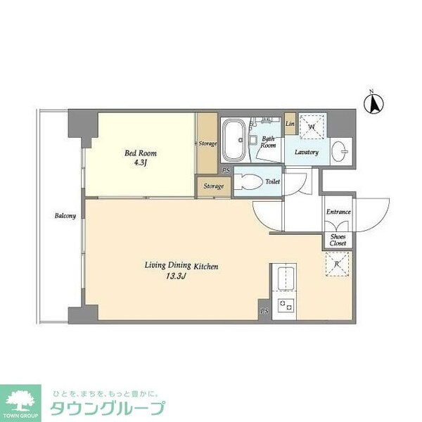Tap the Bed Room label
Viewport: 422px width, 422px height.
(141, 153)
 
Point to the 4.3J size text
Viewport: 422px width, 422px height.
(141, 164)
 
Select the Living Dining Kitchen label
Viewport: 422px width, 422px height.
(184, 266)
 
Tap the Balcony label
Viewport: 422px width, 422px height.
(65, 216)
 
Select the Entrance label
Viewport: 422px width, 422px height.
(338, 212)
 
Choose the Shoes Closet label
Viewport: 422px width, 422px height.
(338, 240)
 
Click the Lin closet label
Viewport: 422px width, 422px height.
(290, 124)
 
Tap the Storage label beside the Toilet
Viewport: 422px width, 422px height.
(214, 186)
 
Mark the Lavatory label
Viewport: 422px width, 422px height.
(307, 152)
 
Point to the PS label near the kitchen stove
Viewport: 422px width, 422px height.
(264, 311)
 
